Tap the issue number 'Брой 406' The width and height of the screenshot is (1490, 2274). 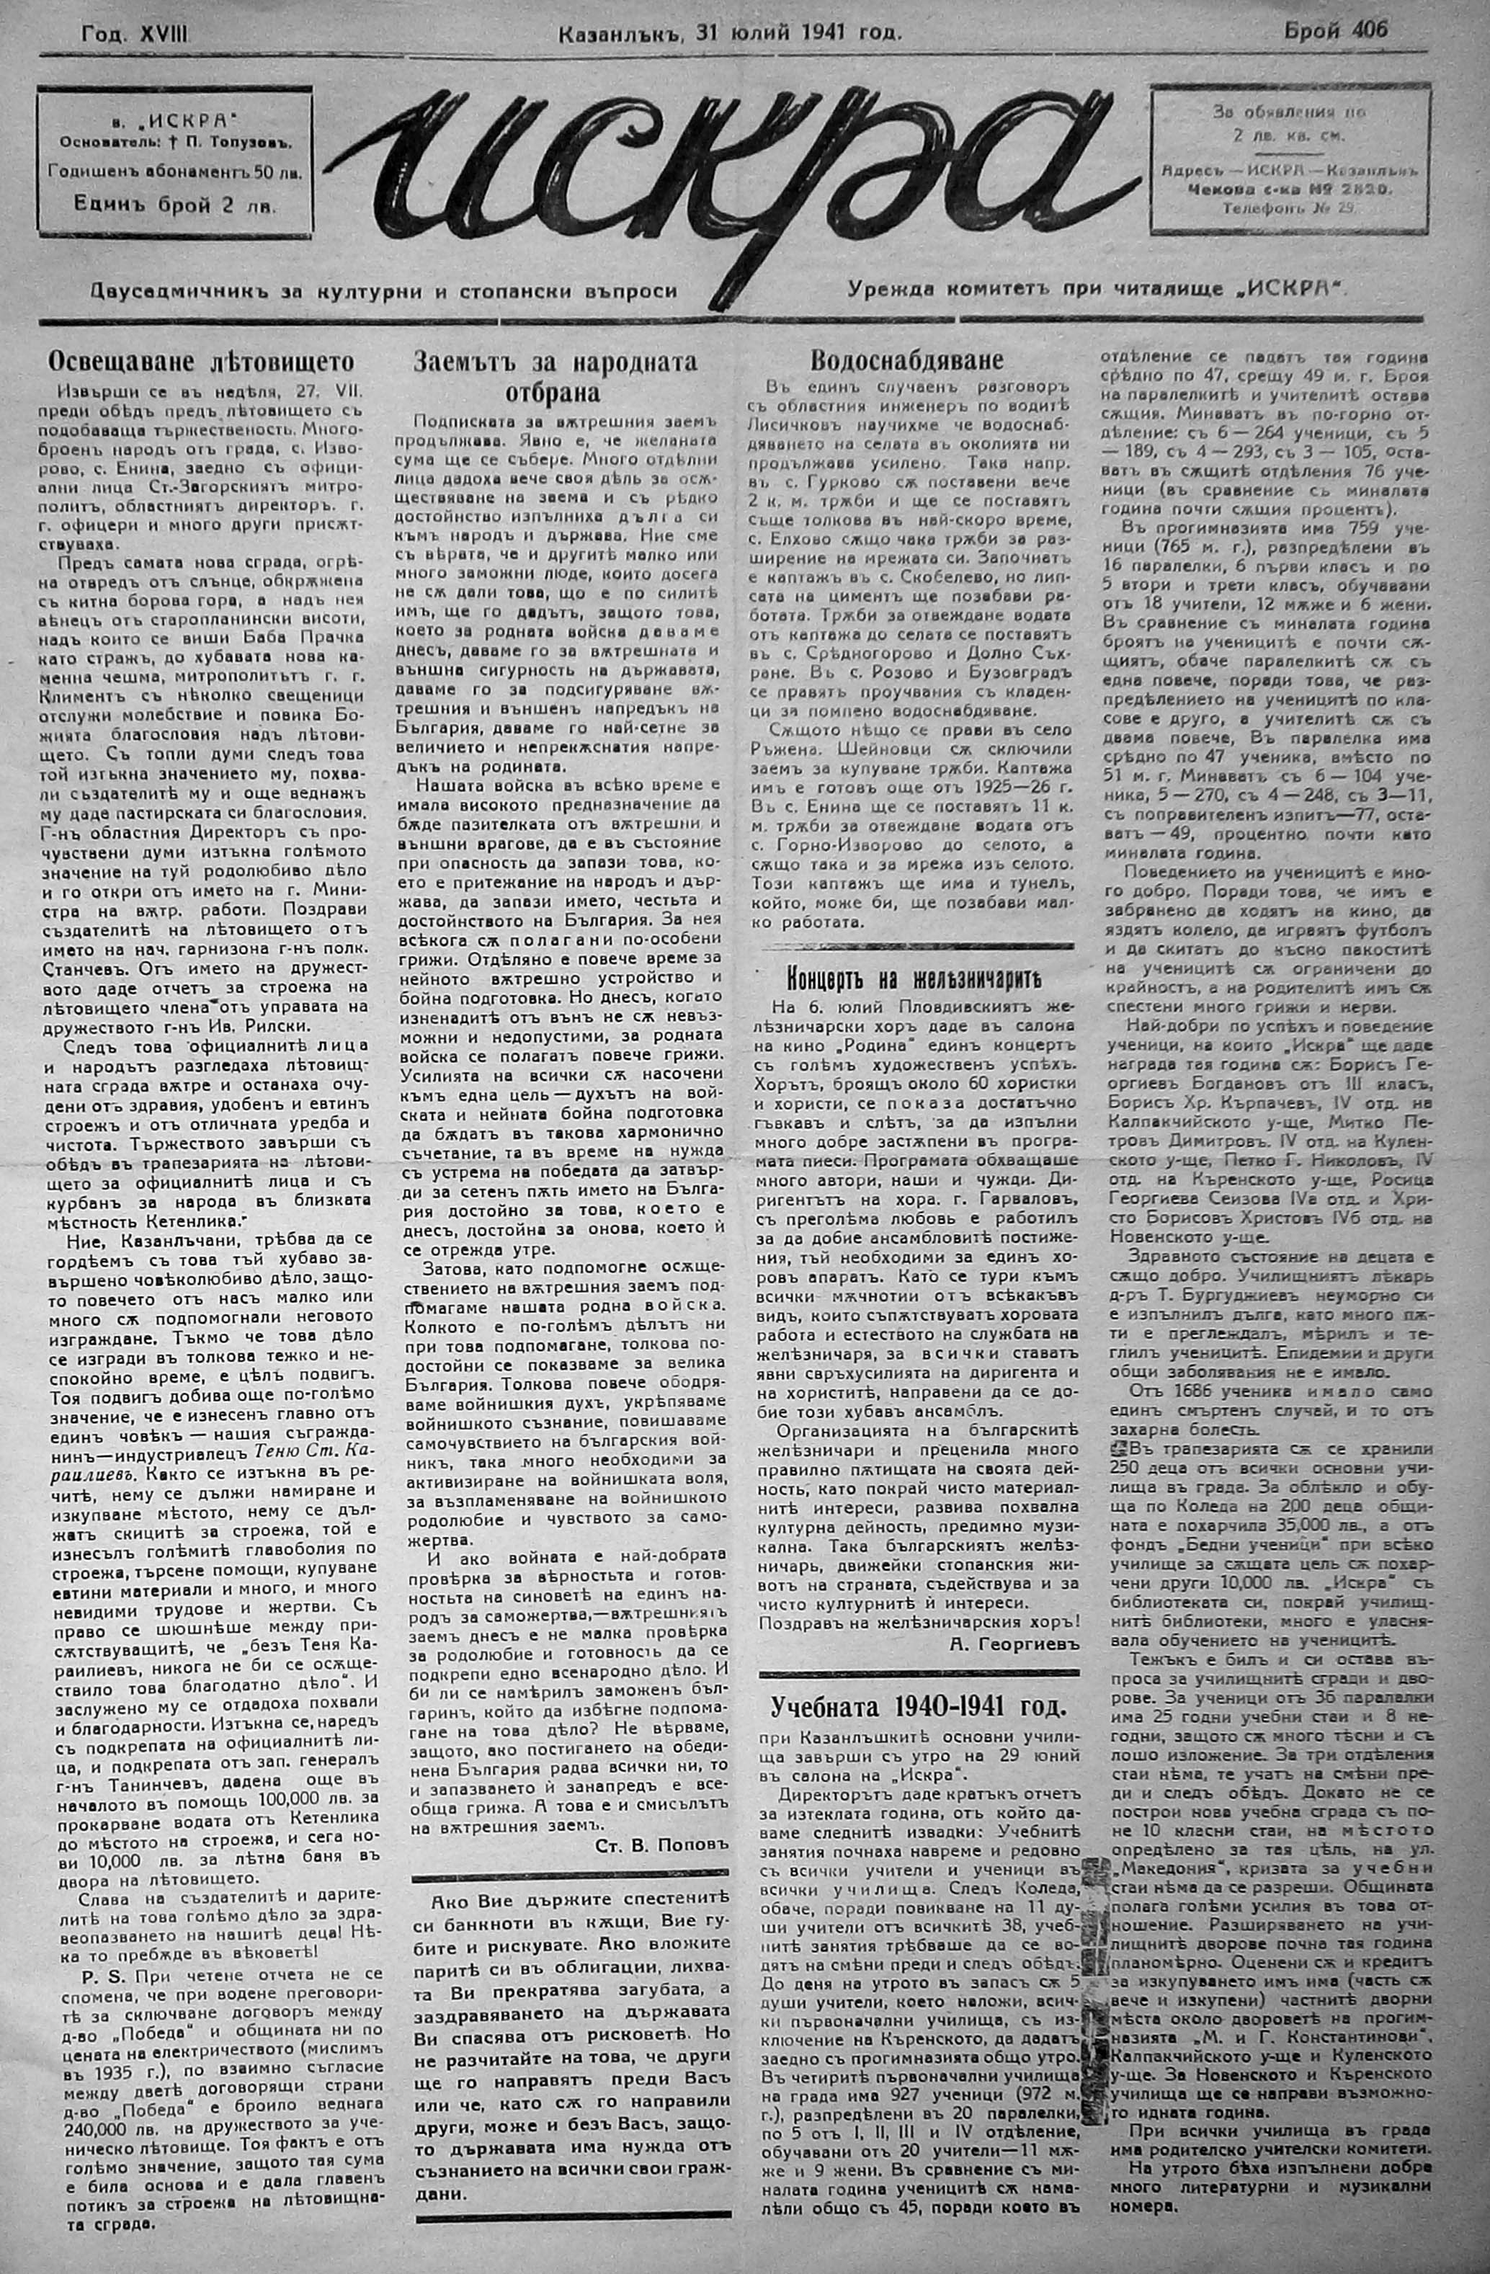pyautogui.click(x=1335, y=30)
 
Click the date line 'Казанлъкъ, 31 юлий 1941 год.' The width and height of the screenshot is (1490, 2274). pyautogui.click(x=728, y=33)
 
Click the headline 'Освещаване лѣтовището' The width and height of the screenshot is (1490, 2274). pyautogui.click(x=202, y=362)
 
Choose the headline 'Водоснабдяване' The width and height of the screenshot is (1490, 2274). pyautogui.click(x=906, y=360)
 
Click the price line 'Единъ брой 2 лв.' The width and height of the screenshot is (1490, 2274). pyautogui.click(x=176, y=203)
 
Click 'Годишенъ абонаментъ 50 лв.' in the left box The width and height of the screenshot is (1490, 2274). pyautogui.click(x=176, y=173)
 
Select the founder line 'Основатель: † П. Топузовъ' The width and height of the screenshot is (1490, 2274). pyautogui.click(x=176, y=143)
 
